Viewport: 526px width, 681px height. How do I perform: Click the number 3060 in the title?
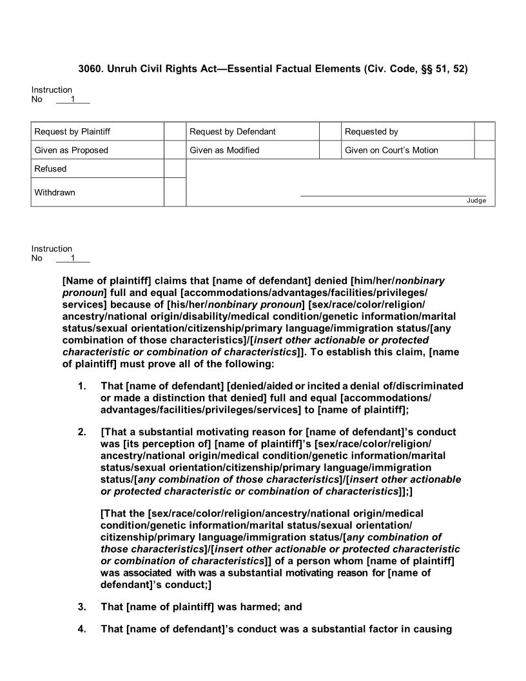[89, 68]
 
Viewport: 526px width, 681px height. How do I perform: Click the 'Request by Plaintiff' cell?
[72, 132]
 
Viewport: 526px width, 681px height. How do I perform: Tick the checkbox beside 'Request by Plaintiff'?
[175, 132]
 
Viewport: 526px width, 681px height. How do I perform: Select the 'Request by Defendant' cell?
[232, 132]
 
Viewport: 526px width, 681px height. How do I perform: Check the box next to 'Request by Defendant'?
[330, 132]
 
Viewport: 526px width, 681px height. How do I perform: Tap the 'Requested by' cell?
[371, 132]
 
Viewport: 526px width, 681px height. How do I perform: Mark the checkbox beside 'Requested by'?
[485, 132]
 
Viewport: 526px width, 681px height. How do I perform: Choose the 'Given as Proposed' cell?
[72, 150]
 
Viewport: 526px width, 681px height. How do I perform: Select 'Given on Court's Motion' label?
[391, 150]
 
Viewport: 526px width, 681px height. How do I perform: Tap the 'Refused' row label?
[50, 169]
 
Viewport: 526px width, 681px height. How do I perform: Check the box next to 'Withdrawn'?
[175, 192]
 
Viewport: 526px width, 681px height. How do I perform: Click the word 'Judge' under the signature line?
[476, 201]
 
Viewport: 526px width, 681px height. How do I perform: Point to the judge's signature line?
[393, 195]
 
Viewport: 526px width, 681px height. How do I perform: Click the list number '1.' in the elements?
[82, 386]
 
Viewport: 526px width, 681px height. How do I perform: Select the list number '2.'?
[82, 432]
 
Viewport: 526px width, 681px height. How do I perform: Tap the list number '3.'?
[82, 607]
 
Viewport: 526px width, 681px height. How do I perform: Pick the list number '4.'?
[82, 629]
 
